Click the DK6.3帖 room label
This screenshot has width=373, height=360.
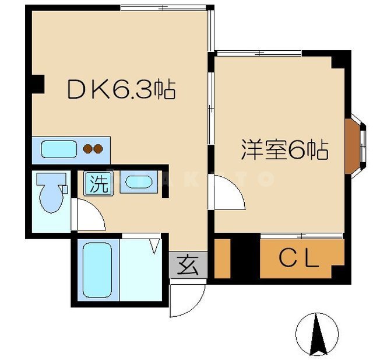[121, 89]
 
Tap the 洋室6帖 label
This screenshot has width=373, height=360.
[285, 151]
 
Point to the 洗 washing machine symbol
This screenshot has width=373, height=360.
[98, 184]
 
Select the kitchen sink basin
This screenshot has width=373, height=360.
[58, 149]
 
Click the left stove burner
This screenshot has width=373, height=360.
[88, 149]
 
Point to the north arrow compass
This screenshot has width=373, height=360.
[316, 334]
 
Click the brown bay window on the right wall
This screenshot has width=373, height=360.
[354, 146]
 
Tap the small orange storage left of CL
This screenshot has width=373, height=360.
[222, 258]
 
